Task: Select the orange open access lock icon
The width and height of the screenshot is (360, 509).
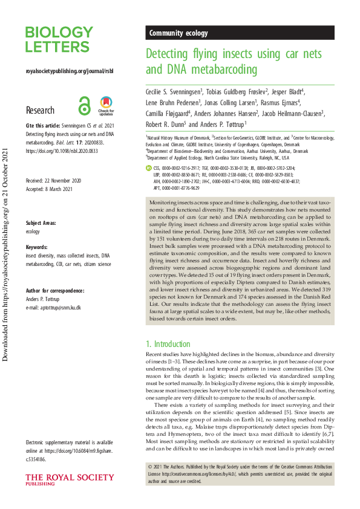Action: pos(83,106)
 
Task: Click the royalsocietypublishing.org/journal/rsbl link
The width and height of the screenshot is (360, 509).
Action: pos(70,71)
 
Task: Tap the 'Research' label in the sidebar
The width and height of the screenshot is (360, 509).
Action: pos(40,111)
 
